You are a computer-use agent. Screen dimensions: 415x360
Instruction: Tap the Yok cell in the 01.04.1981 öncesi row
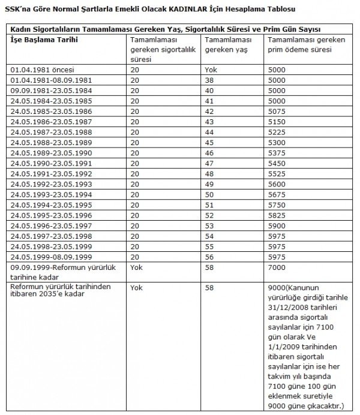pyautogui.click(x=211, y=70)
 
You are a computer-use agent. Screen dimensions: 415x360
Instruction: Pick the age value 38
pyautogui.click(x=209, y=80)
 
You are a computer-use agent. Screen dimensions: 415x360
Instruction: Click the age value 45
pyautogui.click(x=209, y=143)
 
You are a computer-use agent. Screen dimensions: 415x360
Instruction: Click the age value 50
pyautogui.click(x=209, y=194)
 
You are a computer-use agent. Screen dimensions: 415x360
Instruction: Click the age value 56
pyautogui.click(x=209, y=257)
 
